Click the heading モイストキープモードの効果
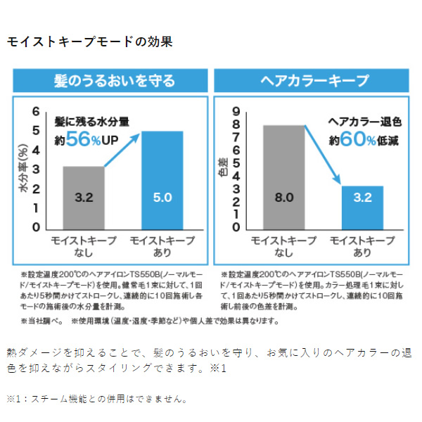(89, 41)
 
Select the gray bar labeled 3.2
(84, 198)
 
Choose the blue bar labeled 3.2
(362, 207)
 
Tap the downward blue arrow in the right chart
(323, 156)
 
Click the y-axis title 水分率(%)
(24, 169)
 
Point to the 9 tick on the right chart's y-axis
(236, 111)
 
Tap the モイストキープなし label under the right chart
(284, 246)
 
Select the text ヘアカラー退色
(361, 122)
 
